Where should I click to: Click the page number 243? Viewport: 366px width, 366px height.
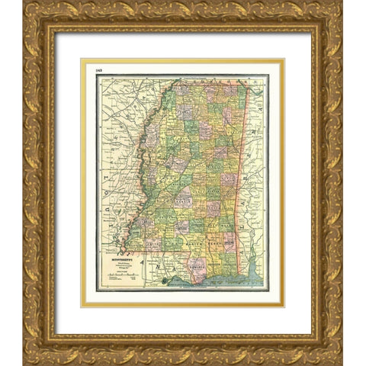(99, 71)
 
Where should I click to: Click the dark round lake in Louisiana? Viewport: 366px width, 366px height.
(162, 281)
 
